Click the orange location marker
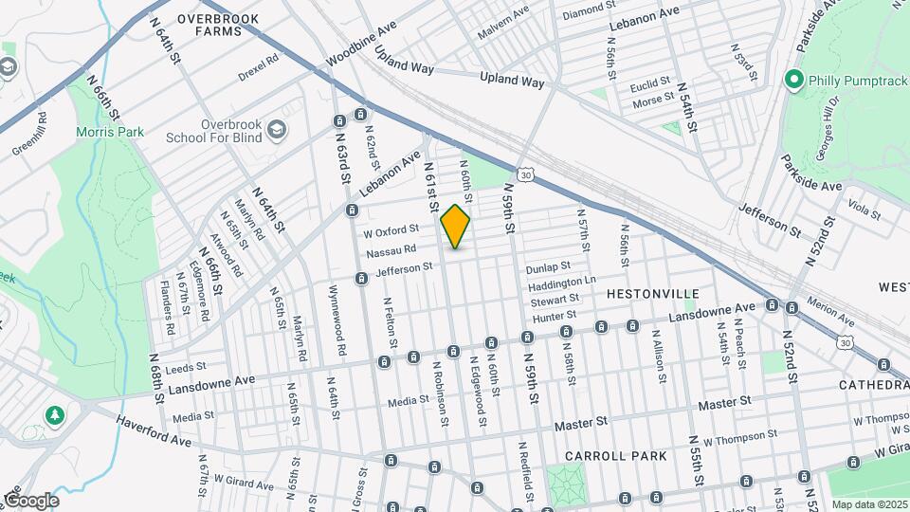pos(456,227)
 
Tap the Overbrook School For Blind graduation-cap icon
pos(277,130)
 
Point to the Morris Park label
pos(110,132)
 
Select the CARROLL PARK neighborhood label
pos(616,456)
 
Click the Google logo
pos(30,500)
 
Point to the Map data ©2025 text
pos(869,504)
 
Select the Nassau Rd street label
pos(391,251)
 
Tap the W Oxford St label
pos(391,231)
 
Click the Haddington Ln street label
pos(561,282)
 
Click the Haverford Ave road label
pos(152,430)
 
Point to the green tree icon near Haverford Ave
pos(55,415)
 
